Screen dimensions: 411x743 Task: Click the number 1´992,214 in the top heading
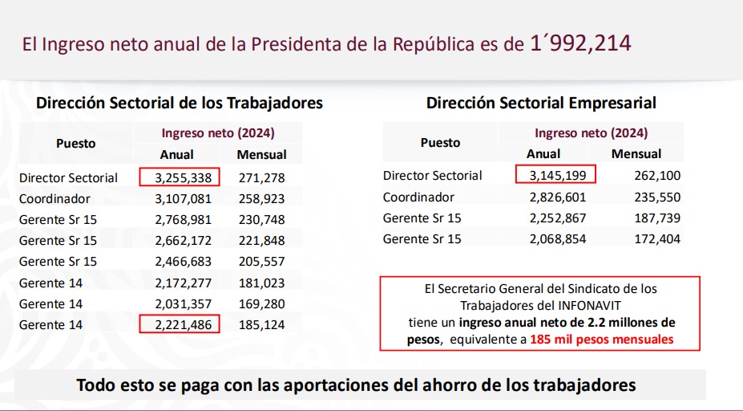click(x=580, y=43)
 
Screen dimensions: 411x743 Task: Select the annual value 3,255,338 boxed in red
click(x=179, y=177)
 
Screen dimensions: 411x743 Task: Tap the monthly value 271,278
click(x=261, y=177)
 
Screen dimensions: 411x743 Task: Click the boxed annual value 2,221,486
click(x=179, y=325)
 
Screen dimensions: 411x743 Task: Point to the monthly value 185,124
click(x=261, y=325)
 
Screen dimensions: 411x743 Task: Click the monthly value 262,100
click(x=636, y=175)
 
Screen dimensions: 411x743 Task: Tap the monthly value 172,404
click(x=636, y=238)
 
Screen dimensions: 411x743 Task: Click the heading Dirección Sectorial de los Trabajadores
click(x=180, y=103)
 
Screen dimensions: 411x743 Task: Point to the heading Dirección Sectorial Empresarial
click(x=541, y=103)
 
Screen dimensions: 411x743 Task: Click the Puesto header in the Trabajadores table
click(x=75, y=144)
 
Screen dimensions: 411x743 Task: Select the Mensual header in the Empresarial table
click(x=636, y=153)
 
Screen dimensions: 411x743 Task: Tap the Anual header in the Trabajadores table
click(x=177, y=154)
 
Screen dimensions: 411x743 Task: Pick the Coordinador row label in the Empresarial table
click(x=418, y=197)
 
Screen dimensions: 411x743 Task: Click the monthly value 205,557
click(x=261, y=262)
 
